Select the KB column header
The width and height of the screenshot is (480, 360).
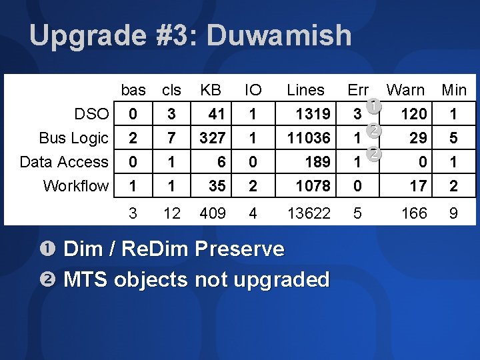point(211,90)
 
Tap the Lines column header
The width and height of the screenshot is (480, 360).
point(305,90)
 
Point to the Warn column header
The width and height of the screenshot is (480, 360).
point(405,90)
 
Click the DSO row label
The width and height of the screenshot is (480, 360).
point(91,114)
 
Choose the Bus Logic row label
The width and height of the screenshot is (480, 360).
point(73,138)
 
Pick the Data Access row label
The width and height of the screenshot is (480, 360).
point(64,162)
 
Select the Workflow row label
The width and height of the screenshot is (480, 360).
point(75,186)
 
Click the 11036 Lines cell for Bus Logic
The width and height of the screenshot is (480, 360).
point(308,138)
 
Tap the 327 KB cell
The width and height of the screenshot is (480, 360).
point(211,138)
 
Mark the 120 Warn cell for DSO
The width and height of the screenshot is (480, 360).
point(413,114)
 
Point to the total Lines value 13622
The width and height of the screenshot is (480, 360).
point(308,214)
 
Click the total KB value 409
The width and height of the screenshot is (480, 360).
point(213,214)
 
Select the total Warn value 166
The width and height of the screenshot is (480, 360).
point(413,214)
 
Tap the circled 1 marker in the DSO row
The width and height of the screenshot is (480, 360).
point(374,106)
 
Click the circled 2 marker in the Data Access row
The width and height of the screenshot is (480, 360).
point(374,154)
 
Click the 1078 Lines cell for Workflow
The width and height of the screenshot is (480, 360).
point(312,186)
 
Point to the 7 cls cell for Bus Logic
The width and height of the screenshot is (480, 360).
point(171,138)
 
